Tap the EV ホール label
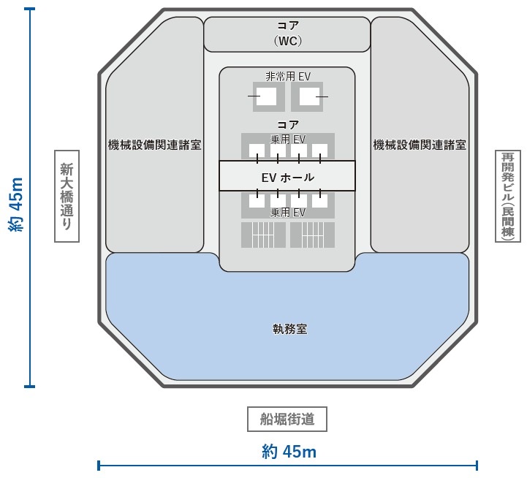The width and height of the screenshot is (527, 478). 287,177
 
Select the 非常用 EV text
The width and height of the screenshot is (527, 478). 287,76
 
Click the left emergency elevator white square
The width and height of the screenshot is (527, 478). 266,96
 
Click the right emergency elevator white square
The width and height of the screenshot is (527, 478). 309,96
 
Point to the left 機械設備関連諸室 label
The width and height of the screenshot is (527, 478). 154,145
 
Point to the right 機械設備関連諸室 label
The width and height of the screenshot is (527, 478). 420,145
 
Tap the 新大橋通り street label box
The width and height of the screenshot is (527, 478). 67,196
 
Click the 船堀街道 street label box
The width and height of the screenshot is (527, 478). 287,419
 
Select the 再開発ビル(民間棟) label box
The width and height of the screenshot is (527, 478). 507,196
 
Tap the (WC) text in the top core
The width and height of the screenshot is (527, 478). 287,41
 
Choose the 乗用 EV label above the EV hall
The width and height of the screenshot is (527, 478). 287,138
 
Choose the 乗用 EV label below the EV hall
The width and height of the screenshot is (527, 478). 287,213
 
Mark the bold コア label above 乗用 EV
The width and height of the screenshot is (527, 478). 287,125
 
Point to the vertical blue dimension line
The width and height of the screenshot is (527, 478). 30,292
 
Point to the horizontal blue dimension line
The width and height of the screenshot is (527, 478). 183,465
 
